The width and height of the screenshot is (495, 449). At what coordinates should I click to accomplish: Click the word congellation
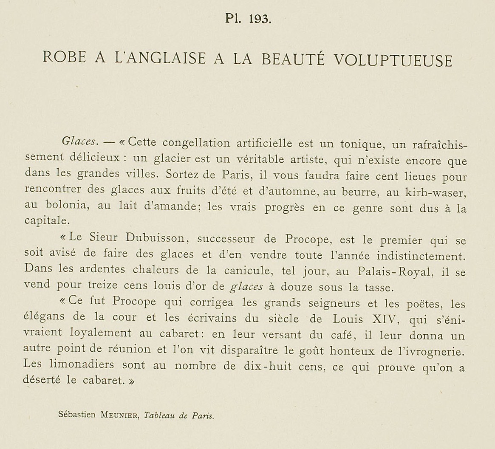click(x=196, y=142)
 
